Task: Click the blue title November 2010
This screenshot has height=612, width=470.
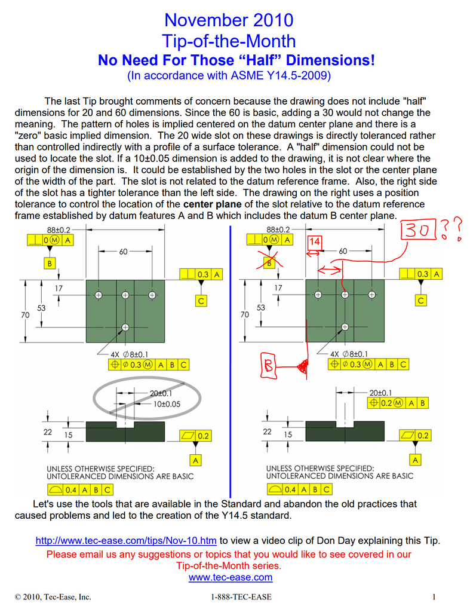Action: click(229, 20)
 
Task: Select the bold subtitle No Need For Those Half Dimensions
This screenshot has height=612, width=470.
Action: click(236, 60)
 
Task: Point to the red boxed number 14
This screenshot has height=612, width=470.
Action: click(314, 241)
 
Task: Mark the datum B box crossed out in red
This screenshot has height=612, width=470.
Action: click(270, 262)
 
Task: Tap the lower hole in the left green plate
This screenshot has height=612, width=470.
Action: click(125, 327)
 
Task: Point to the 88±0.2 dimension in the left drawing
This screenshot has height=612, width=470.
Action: click(59, 229)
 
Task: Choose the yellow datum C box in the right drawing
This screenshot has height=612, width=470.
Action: click(421, 300)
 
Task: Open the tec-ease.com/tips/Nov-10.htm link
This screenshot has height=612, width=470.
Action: click(125, 541)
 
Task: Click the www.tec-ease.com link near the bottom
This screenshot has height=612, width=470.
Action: click(230, 577)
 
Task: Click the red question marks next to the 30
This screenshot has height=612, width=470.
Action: click(452, 229)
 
